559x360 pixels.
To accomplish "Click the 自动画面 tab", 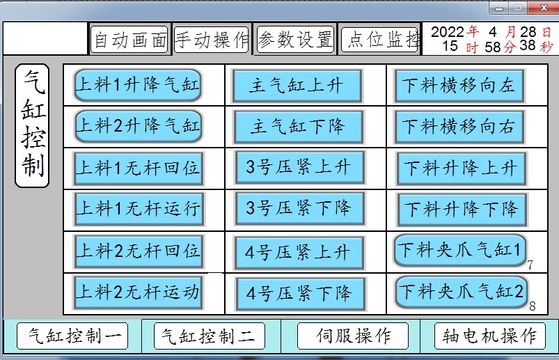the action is pyautogui.click(x=129, y=40).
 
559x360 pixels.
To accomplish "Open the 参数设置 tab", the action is pyautogui.click(x=295, y=40).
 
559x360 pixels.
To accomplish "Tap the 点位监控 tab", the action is pyautogui.click(x=380, y=40).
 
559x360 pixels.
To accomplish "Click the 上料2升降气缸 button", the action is pyautogui.click(x=138, y=126).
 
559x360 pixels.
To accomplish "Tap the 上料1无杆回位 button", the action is pyautogui.click(x=138, y=168).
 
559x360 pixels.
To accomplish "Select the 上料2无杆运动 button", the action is pyautogui.click(x=138, y=292).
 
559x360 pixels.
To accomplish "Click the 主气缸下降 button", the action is pyautogui.click(x=297, y=127).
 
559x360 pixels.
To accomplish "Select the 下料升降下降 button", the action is pyautogui.click(x=462, y=208).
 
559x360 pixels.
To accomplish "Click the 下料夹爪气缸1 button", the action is pyautogui.click(x=460, y=250).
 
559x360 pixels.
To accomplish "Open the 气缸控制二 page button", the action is pyautogui.click(x=209, y=337).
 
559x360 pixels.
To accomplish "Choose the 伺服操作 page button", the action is pyautogui.click(x=353, y=336).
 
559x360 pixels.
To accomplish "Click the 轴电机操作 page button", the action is pyautogui.click(x=489, y=336).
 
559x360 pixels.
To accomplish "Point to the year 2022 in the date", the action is pyautogui.click(x=447, y=32).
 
